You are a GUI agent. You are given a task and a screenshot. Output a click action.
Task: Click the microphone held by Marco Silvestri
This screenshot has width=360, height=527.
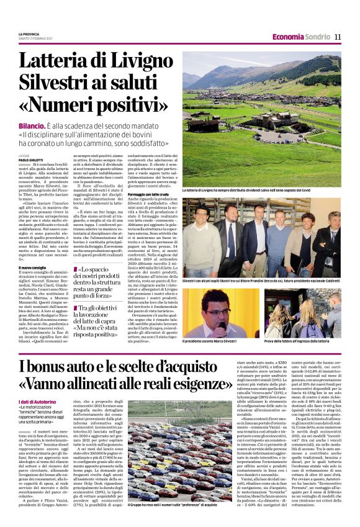(x=211, y=310)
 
